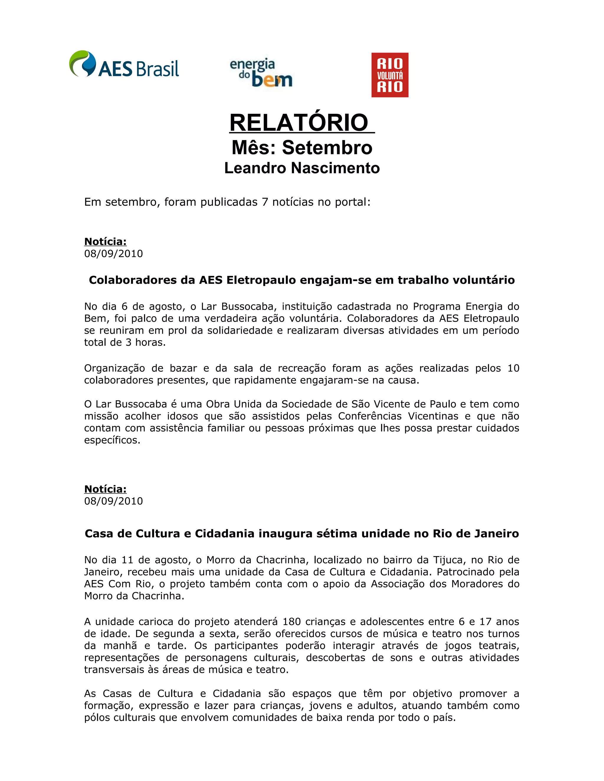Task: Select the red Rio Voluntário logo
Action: coord(390,75)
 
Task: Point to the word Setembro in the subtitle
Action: coord(327,148)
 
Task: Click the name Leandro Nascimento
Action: coord(302,168)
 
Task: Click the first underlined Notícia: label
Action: coord(105,242)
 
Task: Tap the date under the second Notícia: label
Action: coord(114,501)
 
